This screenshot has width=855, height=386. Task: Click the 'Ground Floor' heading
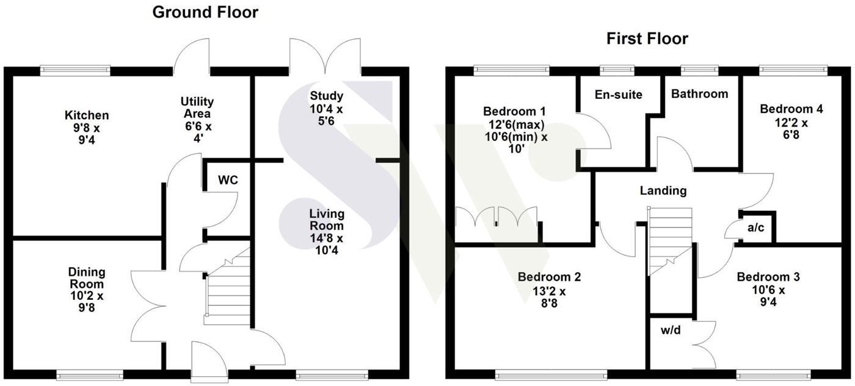pyautogui.click(x=205, y=12)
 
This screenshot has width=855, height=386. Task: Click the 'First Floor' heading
pyautogui.click(x=647, y=39)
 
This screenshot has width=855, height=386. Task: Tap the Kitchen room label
pyautogui.click(x=87, y=115)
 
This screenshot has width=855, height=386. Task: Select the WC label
pyautogui.click(x=227, y=181)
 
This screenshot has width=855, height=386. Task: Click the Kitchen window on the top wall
pyautogui.click(x=75, y=71)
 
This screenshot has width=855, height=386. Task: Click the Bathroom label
pyautogui.click(x=699, y=94)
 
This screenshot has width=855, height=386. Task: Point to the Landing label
pyautogui.click(x=663, y=191)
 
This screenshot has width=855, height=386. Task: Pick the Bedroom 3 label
pyautogui.click(x=768, y=277)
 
